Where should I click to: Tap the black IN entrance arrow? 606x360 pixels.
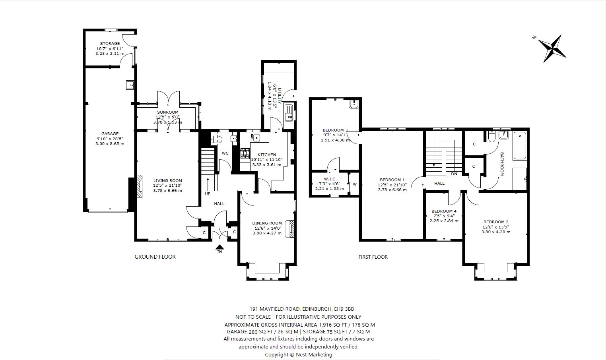219,247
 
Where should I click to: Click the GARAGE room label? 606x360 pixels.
110,134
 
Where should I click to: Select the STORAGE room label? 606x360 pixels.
110,44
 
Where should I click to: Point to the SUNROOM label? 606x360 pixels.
168,112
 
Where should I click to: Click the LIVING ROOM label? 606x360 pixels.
168,180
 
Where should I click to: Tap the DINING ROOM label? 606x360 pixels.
267,223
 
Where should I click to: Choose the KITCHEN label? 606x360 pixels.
267,155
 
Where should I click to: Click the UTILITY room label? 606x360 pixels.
280,95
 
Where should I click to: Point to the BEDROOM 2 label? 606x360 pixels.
496,222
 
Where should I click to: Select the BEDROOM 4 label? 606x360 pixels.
444,211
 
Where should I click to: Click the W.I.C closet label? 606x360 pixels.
330,179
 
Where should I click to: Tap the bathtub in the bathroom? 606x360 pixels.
520,146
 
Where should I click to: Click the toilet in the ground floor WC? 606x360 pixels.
216,139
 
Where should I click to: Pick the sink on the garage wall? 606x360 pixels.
130,85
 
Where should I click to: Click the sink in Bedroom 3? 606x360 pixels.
353,105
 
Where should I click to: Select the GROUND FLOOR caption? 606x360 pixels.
155,257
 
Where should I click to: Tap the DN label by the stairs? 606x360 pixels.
454,174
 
